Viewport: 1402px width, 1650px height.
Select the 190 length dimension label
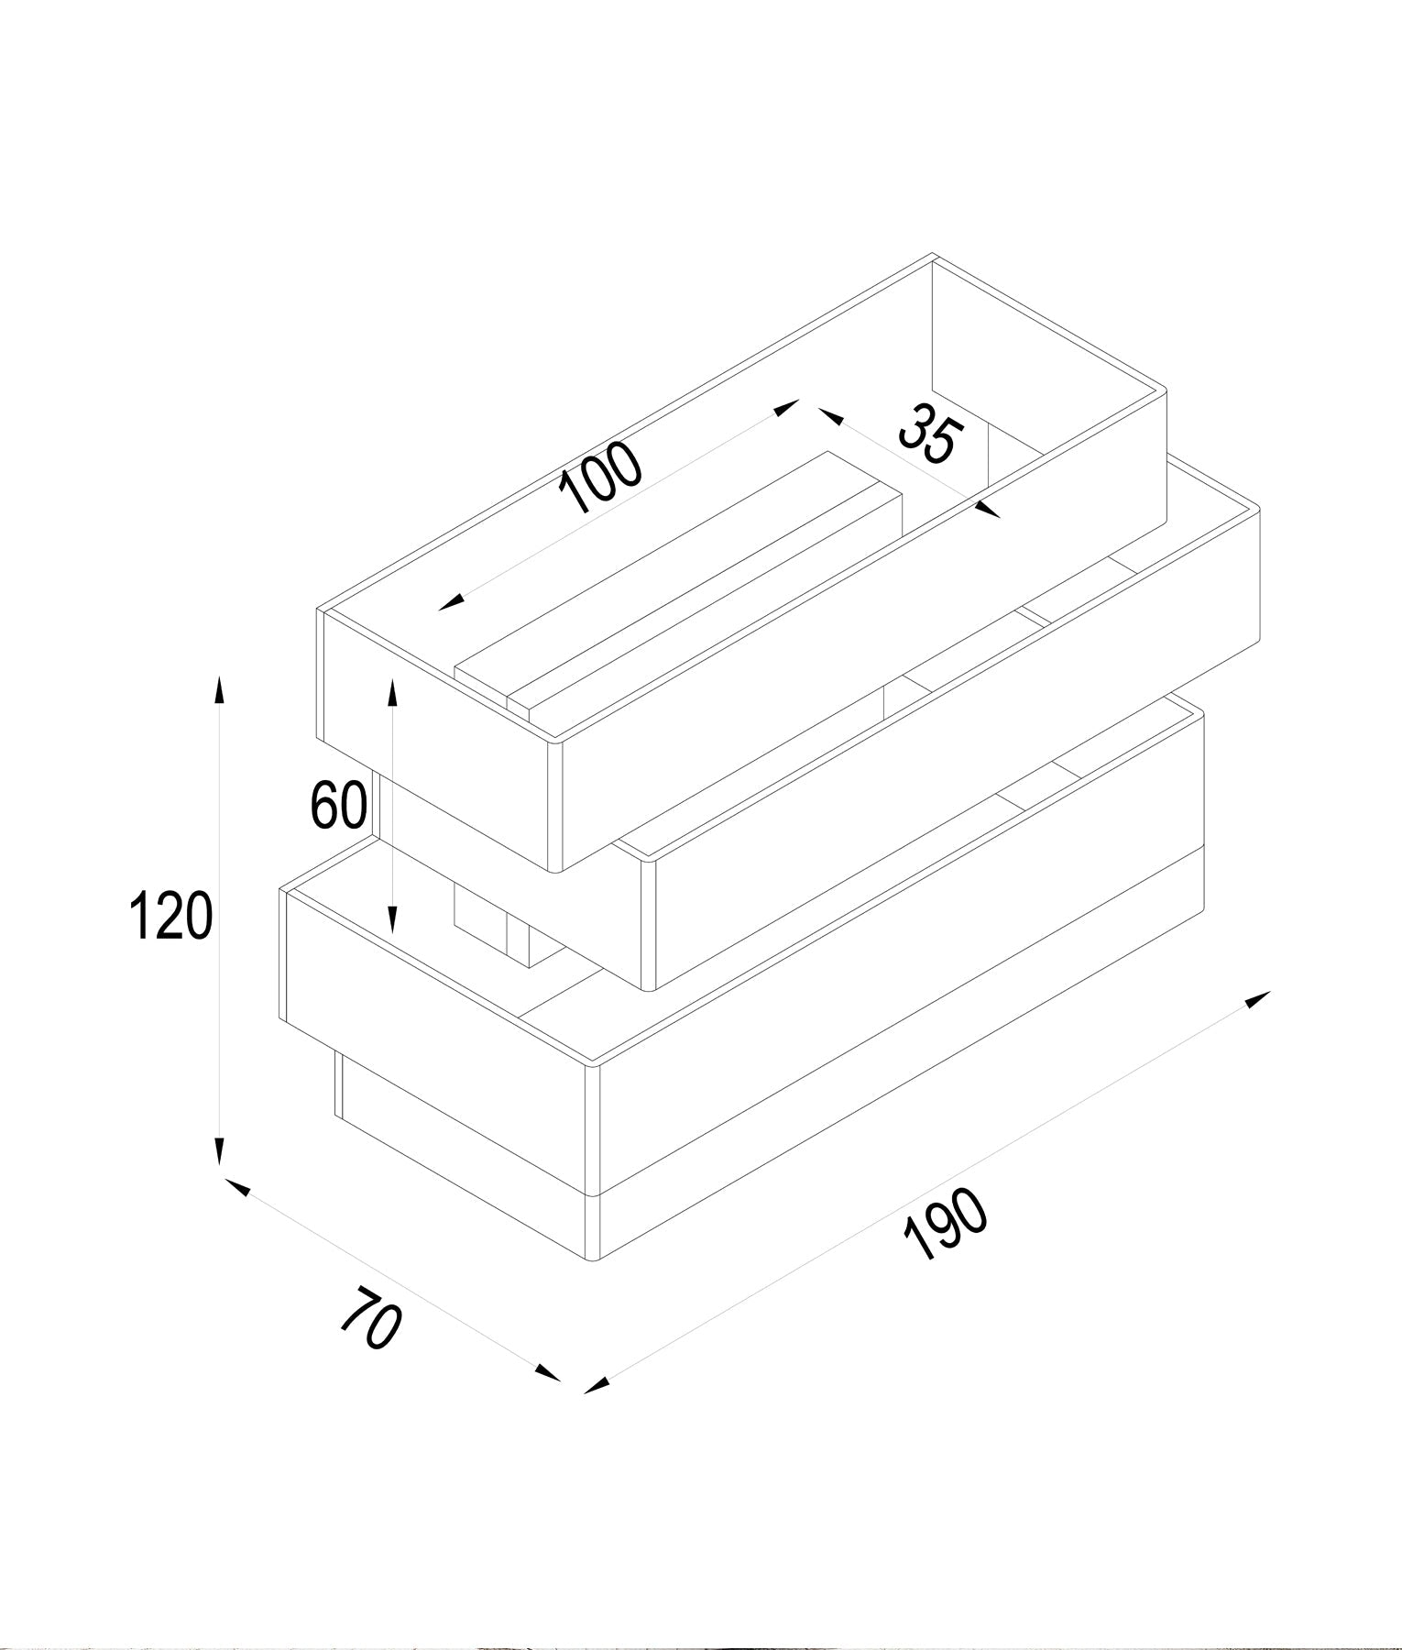[946, 1226]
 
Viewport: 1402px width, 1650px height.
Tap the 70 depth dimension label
[371, 1317]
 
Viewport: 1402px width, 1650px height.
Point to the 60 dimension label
[338, 805]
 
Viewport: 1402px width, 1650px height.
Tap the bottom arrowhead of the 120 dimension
[218, 1152]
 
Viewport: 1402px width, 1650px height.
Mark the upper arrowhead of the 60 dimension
[392, 693]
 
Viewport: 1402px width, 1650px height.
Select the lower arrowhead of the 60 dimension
[392, 918]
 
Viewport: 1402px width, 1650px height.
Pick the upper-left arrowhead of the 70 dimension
[236, 1186]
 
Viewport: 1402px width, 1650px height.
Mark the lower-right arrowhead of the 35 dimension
[989, 509]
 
